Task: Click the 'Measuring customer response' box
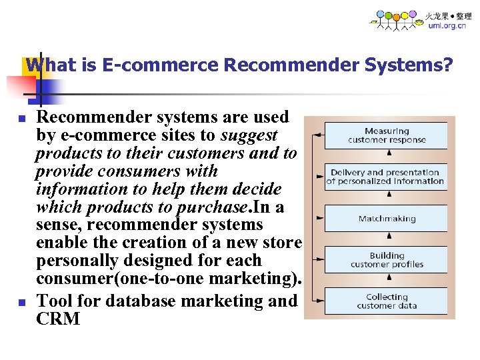coord(387,135)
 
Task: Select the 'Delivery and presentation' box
coord(385,177)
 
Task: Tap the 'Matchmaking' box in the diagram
coord(387,219)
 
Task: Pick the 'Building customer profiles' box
coord(387,260)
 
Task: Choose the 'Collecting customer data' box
coord(387,301)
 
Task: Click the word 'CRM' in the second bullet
coord(58,319)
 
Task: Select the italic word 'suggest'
coord(249,135)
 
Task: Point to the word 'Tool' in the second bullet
coord(56,301)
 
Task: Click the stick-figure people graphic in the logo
coord(396,20)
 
